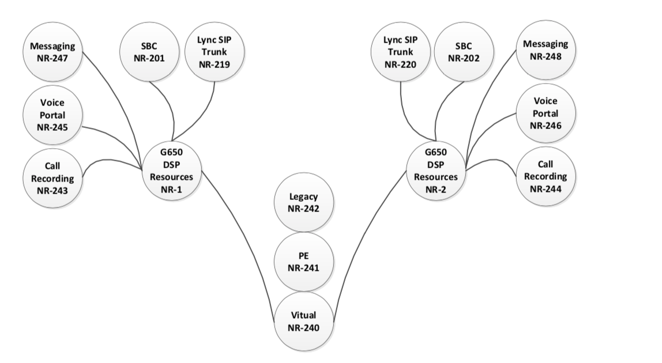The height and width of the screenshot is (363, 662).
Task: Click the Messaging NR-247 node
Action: click(53, 52)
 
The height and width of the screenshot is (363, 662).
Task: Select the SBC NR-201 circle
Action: click(149, 52)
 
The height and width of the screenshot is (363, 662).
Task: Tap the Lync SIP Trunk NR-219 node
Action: click(215, 52)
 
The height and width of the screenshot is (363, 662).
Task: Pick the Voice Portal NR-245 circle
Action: click(53, 115)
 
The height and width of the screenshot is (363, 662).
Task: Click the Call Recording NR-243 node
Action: click(53, 178)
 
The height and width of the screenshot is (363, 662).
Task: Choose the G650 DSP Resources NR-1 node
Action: click(172, 171)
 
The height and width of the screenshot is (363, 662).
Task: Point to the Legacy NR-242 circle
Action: click(304, 203)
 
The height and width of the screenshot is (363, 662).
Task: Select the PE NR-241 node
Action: click(304, 262)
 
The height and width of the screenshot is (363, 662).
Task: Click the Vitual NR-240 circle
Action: click(304, 321)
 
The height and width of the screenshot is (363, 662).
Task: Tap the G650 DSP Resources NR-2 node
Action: click(436, 171)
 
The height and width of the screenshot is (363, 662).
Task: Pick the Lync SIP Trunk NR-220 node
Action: click(401, 52)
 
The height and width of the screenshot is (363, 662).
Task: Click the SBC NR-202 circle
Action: click(464, 52)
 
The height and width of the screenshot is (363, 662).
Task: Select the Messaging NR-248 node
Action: click(546, 50)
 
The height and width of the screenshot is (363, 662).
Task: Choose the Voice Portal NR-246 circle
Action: click(546, 114)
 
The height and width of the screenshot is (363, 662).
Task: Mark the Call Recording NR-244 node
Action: click(546, 176)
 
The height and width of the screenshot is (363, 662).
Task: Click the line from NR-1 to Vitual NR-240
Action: click(245, 236)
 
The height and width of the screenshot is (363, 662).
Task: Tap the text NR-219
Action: click(215, 65)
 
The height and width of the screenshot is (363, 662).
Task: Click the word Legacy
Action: click(303, 196)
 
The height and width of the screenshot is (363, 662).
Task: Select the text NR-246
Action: click(546, 126)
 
